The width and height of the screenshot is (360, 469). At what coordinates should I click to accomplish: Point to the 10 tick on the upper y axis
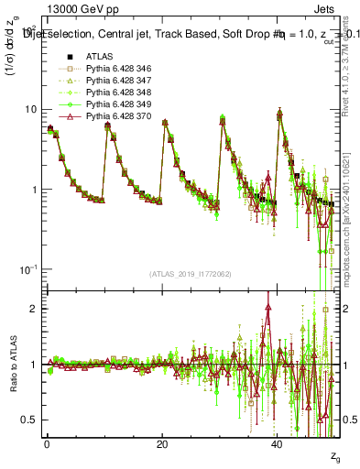(30, 109)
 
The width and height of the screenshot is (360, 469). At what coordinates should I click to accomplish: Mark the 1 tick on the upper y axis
(34, 190)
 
